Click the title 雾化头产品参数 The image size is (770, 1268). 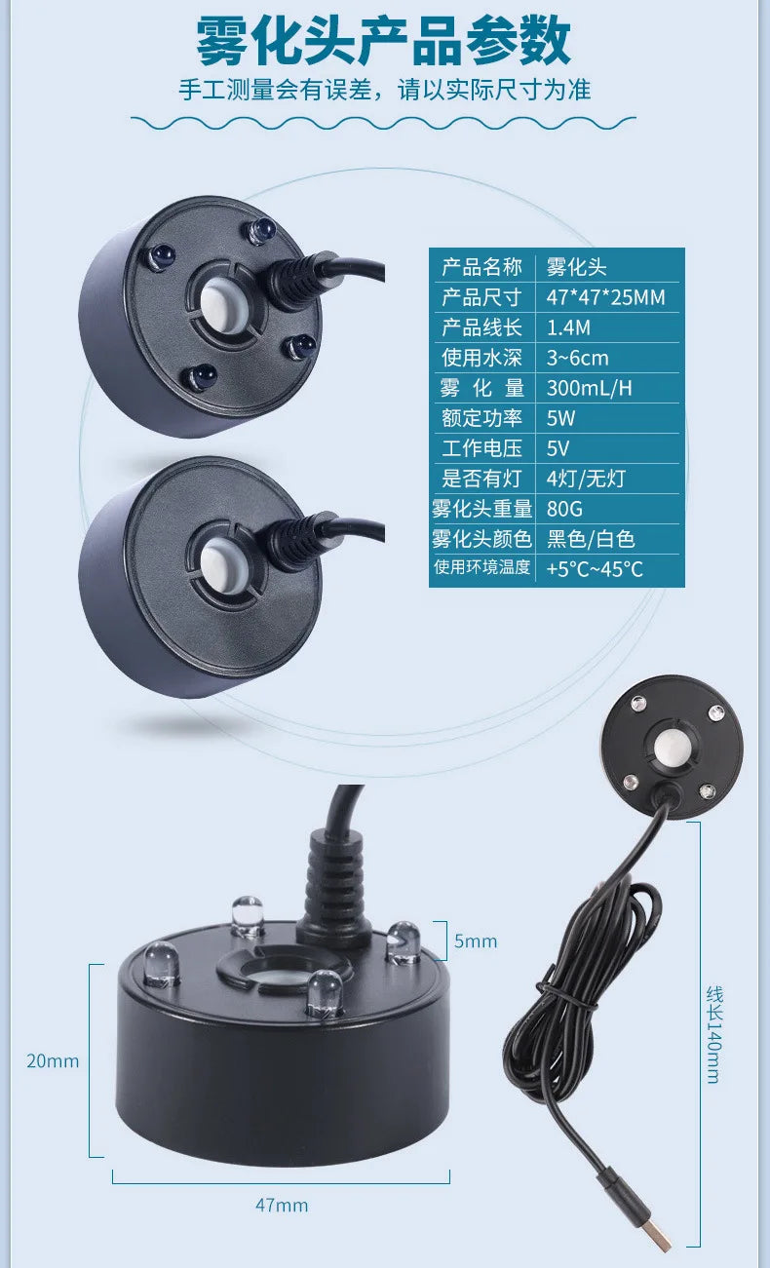(x=384, y=41)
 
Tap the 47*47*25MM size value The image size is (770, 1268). (x=606, y=297)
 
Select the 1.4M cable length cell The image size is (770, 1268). (x=568, y=327)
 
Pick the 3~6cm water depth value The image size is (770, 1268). (x=577, y=358)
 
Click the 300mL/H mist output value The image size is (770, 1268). (x=590, y=388)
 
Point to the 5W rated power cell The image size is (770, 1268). (x=560, y=418)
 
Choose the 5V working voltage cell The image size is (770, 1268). (x=558, y=448)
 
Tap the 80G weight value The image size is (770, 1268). (x=564, y=509)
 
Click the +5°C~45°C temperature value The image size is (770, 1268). (x=595, y=569)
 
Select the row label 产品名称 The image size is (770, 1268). (x=481, y=267)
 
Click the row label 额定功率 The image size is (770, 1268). (x=481, y=418)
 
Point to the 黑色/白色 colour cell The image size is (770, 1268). (x=591, y=539)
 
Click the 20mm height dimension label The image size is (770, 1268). (x=53, y=1060)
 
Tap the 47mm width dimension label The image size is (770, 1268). (x=282, y=1206)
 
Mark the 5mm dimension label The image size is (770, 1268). (x=476, y=941)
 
